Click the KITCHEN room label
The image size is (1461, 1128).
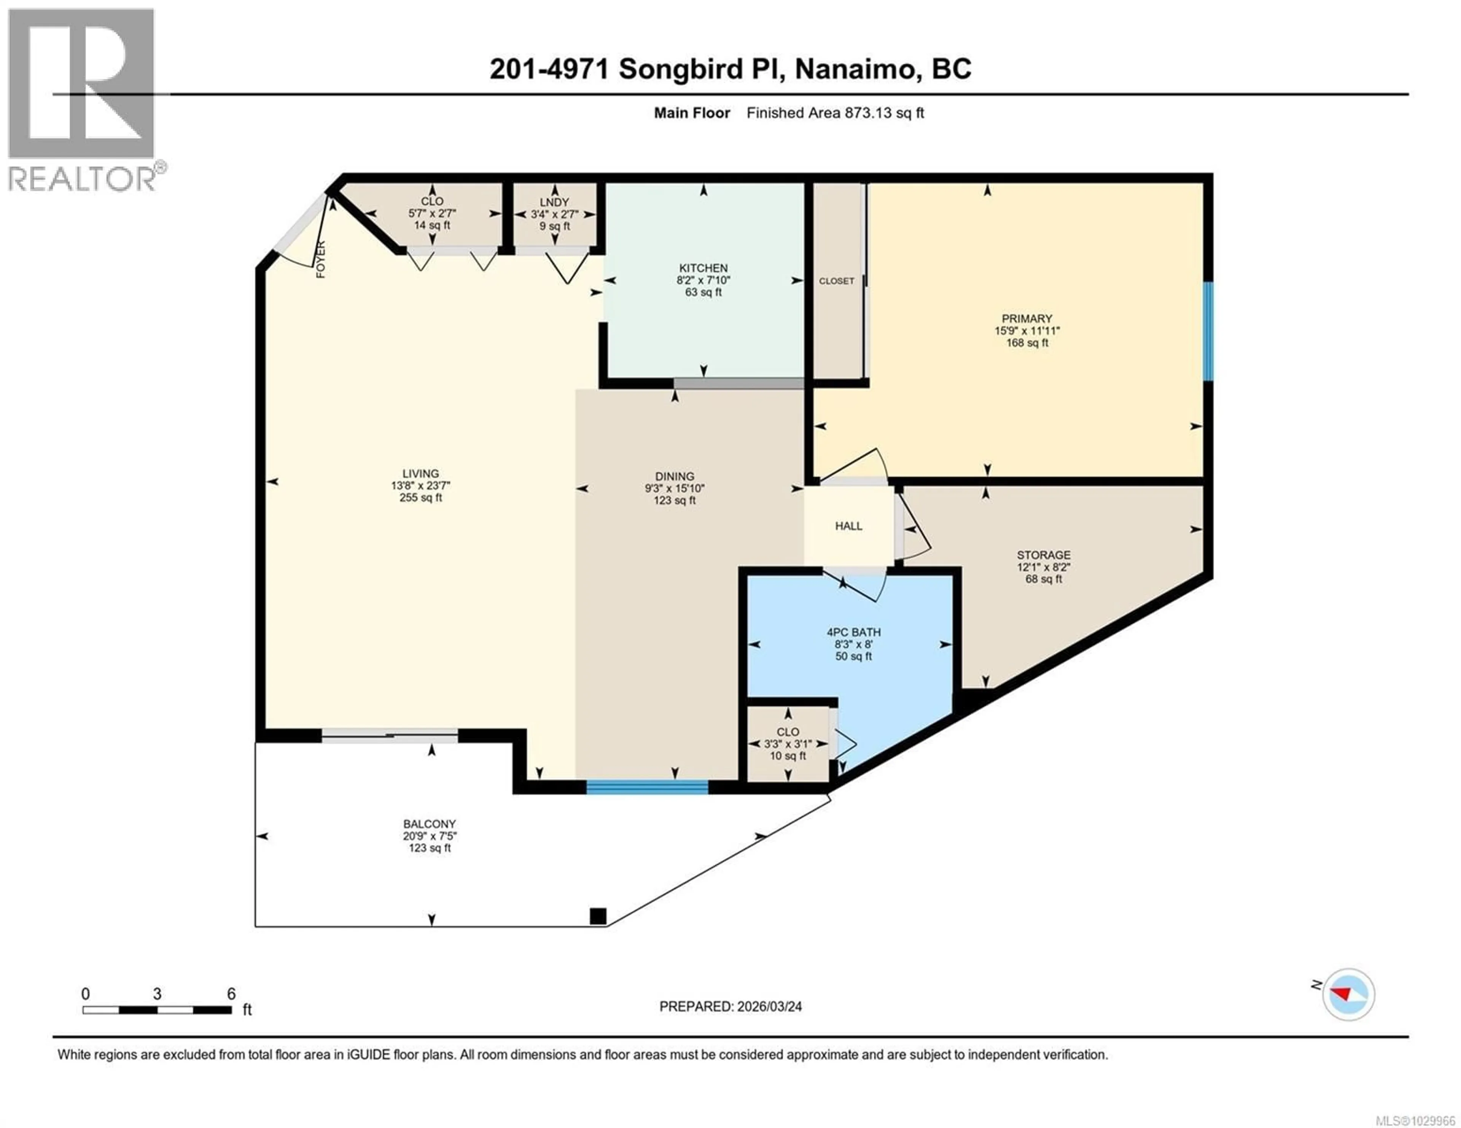703,267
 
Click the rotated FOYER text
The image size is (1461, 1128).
320,259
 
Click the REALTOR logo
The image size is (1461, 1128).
82,100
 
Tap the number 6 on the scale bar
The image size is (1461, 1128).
231,993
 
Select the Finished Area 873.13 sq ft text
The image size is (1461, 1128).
834,113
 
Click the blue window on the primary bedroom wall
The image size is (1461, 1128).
1208,331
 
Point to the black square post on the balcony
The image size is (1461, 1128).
597,916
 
